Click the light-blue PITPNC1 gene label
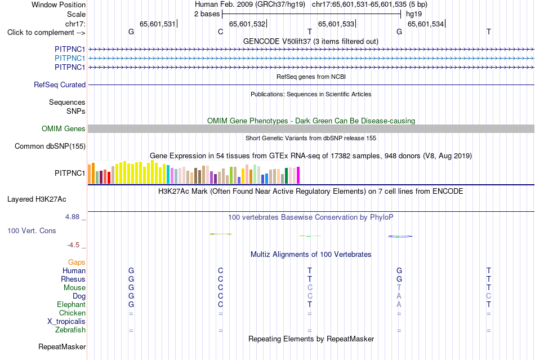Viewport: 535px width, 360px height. pos(70,59)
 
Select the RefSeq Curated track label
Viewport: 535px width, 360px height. pos(60,85)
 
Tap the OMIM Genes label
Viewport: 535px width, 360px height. pos(64,128)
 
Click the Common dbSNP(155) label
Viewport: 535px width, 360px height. pos(50,146)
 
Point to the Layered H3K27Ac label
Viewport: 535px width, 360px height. pos(37,199)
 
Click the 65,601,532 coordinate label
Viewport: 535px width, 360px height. pos(247,24)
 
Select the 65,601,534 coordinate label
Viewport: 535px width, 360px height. pos(426,24)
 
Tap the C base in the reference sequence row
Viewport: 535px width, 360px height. pos(220,32)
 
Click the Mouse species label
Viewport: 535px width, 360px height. pos(74,288)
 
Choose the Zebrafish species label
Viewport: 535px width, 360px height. pos(70,330)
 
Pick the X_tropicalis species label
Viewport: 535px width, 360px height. pos(66,322)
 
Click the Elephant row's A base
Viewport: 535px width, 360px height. pos(399,304)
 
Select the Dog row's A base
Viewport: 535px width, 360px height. pos(399,296)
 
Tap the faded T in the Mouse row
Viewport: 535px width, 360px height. pos(399,288)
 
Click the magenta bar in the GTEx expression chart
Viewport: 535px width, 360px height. pos(298,175)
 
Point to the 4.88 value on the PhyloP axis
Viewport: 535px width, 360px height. pos(72,217)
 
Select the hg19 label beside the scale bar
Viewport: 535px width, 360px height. pos(414,14)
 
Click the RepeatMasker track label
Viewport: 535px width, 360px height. pos(62,346)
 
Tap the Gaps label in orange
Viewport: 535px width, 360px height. pos(77,262)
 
